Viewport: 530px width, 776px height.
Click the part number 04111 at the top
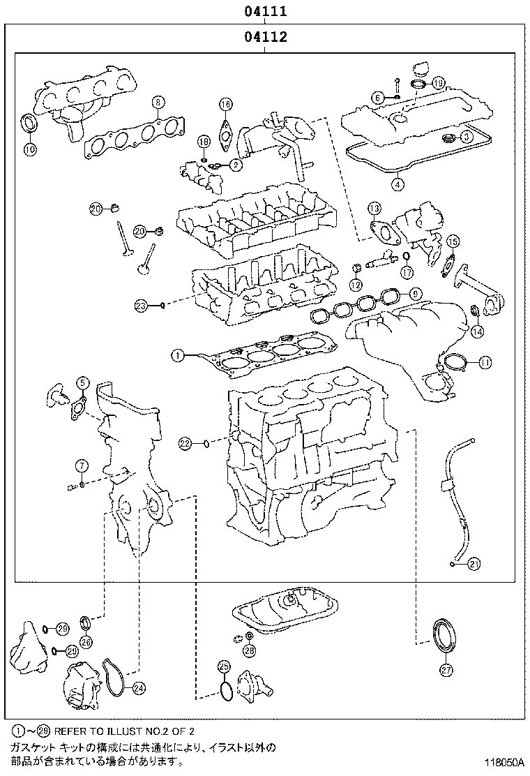pyautogui.click(x=266, y=12)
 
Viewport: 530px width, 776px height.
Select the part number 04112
pyautogui.click(x=266, y=38)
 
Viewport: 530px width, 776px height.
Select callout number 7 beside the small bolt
pyautogui.click(x=82, y=465)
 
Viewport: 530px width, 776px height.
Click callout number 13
pyautogui.click(x=374, y=208)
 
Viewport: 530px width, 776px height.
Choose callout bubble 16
pyautogui.click(x=225, y=105)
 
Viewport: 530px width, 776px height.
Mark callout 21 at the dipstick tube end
pyautogui.click(x=474, y=563)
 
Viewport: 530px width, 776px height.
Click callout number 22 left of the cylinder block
pyautogui.click(x=184, y=442)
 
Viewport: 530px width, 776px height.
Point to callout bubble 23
pyautogui.click(x=142, y=305)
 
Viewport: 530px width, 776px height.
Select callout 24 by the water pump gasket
pyautogui.click(x=139, y=688)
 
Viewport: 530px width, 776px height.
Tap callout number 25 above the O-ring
pyautogui.click(x=224, y=666)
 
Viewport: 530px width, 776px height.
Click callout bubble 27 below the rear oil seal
pyautogui.click(x=446, y=670)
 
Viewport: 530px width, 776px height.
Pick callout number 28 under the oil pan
pyautogui.click(x=249, y=651)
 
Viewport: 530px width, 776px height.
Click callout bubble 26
pyautogui.click(x=86, y=641)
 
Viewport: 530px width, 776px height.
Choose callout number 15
pyautogui.click(x=453, y=242)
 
